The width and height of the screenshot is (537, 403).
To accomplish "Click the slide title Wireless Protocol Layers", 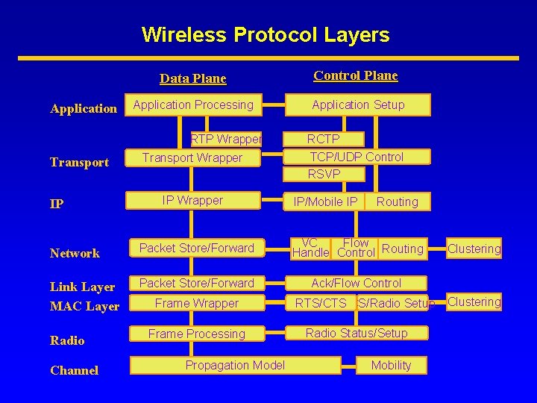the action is pyautogui.click(x=266, y=35).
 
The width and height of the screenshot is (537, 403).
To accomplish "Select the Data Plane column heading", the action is pyautogui.click(x=193, y=78).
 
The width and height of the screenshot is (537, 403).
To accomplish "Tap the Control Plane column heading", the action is pyautogui.click(x=356, y=75).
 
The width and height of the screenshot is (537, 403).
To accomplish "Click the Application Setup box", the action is pyautogui.click(x=358, y=105).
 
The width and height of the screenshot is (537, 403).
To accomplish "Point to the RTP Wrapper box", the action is pyautogui.click(x=226, y=139).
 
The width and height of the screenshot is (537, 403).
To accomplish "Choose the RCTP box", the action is pyautogui.click(x=324, y=139).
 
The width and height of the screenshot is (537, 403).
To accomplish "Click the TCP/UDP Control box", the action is pyautogui.click(x=357, y=157).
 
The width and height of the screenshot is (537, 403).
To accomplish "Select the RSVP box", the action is pyautogui.click(x=324, y=174).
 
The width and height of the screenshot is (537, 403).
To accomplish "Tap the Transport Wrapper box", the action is pyautogui.click(x=192, y=157).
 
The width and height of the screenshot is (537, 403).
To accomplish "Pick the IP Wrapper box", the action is pyautogui.click(x=192, y=201).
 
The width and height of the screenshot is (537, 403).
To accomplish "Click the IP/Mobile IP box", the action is pyautogui.click(x=325, y=201).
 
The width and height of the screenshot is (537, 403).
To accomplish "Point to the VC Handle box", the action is pyautogui.click(x=310, y=248).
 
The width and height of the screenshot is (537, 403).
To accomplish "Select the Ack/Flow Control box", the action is pyautogui.click(x=356, y=284).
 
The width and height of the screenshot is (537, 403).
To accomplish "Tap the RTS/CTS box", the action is pyautogui.click(x=321, y=303).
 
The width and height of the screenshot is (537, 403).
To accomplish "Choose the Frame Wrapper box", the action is pyautogui.click(x=196, y=303).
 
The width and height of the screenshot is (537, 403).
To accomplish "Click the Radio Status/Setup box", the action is pyautogui.click(x=357, y=334).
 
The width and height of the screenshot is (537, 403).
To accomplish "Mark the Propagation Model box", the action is pyautogui.click(x=235, y=365).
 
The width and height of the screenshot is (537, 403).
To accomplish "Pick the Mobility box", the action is pyautogui.click(x=391, y=365).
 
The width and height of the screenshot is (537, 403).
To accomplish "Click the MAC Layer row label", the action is pyautogui.click(x=84, y=306).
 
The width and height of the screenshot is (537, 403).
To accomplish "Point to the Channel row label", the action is pyautogui.click(x=74, y=370).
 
